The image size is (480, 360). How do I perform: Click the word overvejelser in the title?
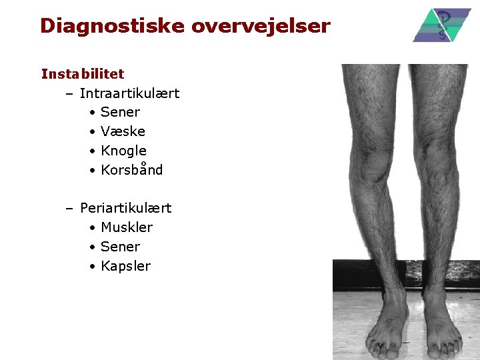tap(261, 26)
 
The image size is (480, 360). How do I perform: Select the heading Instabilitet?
tap(83, 73)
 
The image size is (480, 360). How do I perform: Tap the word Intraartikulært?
tap(129, 93)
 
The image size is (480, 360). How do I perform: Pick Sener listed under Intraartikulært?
tap(120, 112)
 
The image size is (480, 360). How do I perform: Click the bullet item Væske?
tap(123, 131)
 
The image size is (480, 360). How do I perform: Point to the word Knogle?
tap(123, 151)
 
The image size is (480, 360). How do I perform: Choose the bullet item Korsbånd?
tap(131, 169)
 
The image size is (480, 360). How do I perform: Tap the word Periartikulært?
tap(125, 208)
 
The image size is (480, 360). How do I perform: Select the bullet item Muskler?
tap(127, 227)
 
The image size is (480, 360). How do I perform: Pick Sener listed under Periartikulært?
tap(120, 247)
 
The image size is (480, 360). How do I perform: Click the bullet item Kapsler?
tap(125, 266)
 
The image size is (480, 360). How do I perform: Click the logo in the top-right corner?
tap(441, 25)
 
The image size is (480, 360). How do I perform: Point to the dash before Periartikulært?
tap(69, 208)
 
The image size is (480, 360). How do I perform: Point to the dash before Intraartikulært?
tap(69, 93)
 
